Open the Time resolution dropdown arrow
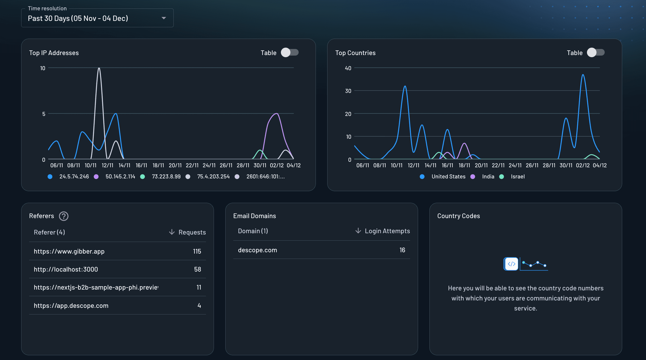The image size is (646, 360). point(164,18)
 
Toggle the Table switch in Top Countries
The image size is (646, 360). point(596,52)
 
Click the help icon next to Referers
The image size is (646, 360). point(64,216)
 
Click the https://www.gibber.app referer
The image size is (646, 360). point(69,251)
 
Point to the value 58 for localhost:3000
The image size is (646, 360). point(198,269)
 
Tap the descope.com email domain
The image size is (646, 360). point(257,250)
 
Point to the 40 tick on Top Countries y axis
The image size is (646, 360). point(348,68)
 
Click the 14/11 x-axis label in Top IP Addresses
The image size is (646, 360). point(124,165)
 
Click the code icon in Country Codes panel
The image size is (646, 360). point(511,264)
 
